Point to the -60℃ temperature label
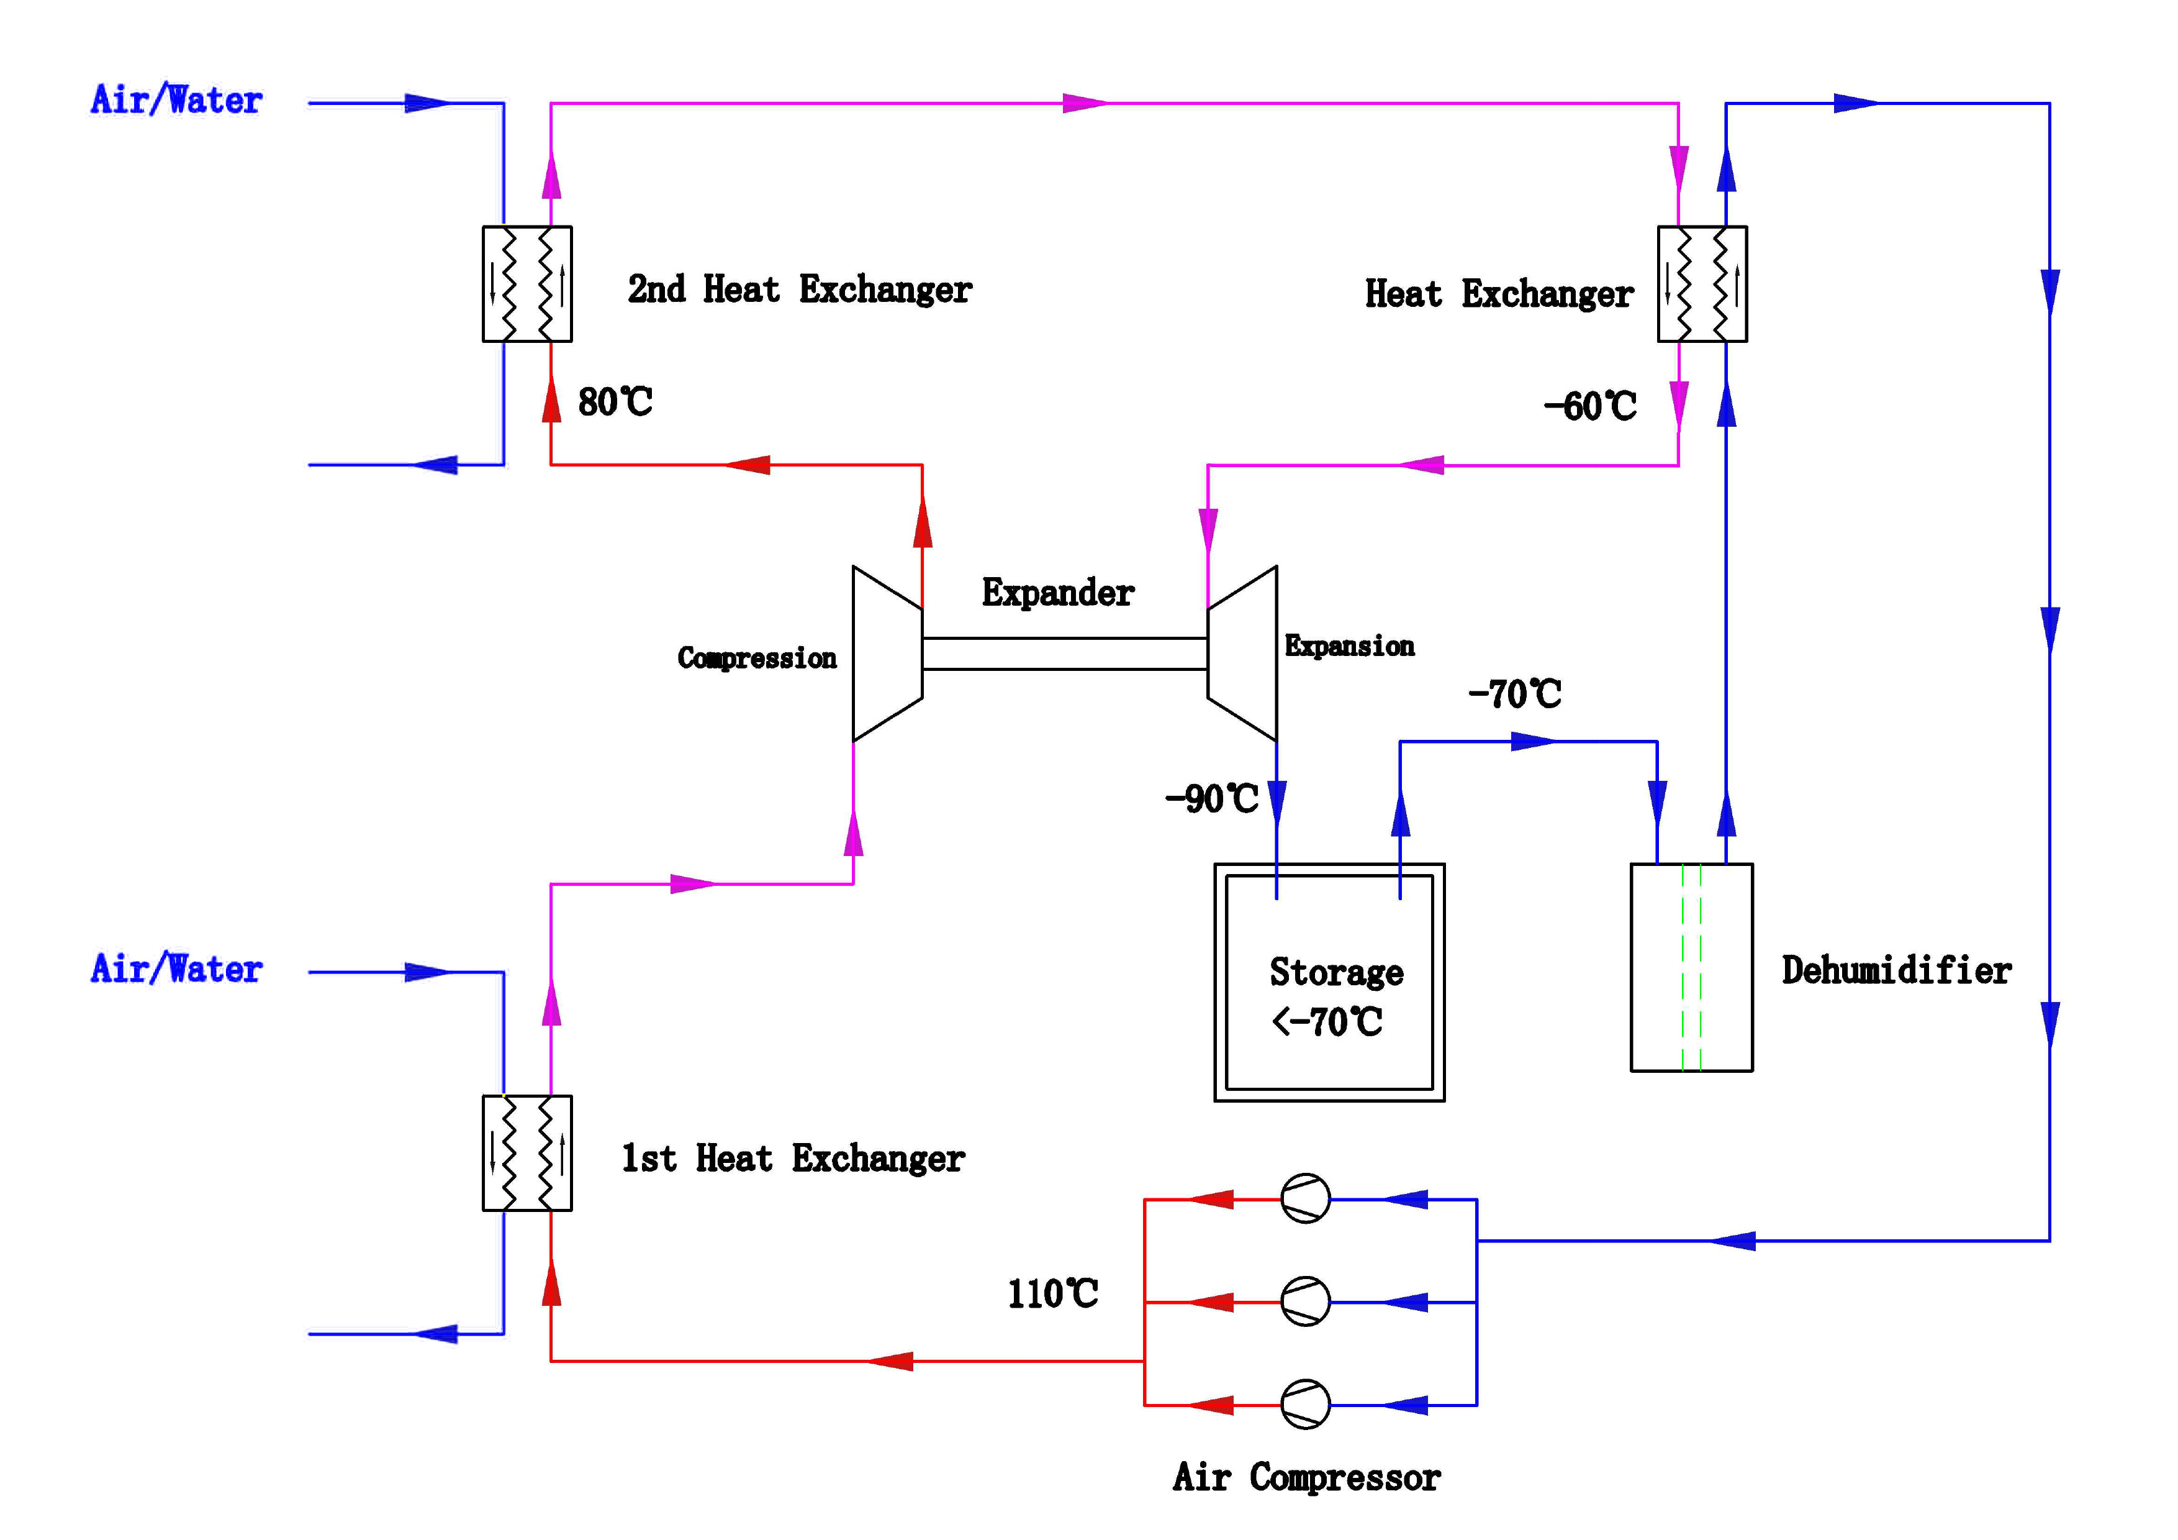pyautogui.click(x=1590, y=406)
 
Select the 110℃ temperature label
pyautogui.click(x=1052, y=1293)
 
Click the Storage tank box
pyautogui.click(x=1329, y=983)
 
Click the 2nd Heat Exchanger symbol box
pyautogui.click(x=526, y=284)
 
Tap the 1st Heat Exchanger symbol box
pyautogui.click(x=526, y=1153)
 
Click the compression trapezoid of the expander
pyautogui.click(x=887, y=654)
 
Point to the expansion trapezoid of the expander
pyautogui.click(x=1242, y=654)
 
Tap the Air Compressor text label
pyautogui.click(x=1306, y=1477)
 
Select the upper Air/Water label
pyautogui.click(x=176, y=99)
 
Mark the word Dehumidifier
pyautogui.click(x=1896, y=970)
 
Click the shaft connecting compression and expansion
pyautogui.click(x=1064, y=654)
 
